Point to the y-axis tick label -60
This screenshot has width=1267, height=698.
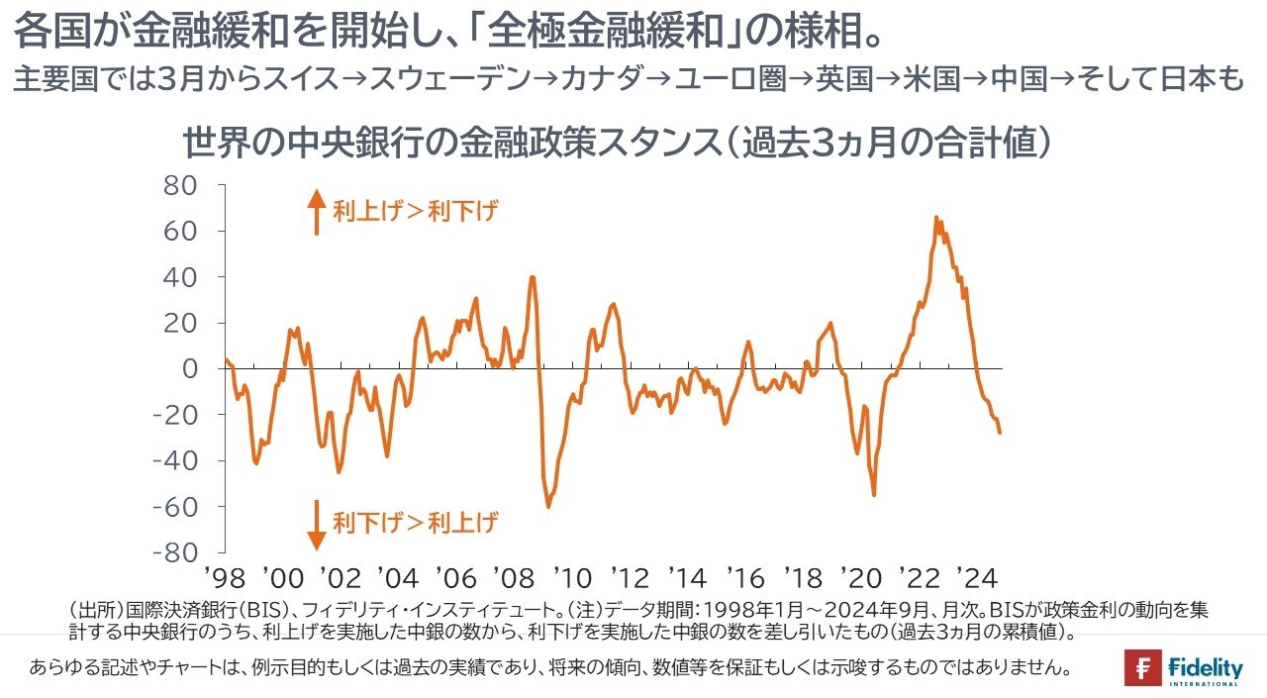click(x=175, y=506)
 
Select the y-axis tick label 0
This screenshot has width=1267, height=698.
click(x=190, y=368)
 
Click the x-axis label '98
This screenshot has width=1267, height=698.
click(x=225, y=577)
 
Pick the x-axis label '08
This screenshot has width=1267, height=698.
click(x=513, y=577)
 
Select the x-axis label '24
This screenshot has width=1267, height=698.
click(x=972, y=577)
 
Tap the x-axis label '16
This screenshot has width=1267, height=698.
click(x=743, y=577)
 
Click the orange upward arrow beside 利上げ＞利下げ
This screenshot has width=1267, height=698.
click(x=316, y=212)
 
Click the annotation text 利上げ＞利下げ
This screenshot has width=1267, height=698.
click(x=415, y=211)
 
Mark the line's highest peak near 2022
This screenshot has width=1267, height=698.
click(x=935, y=217)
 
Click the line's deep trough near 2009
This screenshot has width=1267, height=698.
click(x=547, y=506)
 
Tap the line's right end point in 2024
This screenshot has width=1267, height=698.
click(x=1000, y=432)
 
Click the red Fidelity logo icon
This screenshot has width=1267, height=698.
click(x=1143, y=668)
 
